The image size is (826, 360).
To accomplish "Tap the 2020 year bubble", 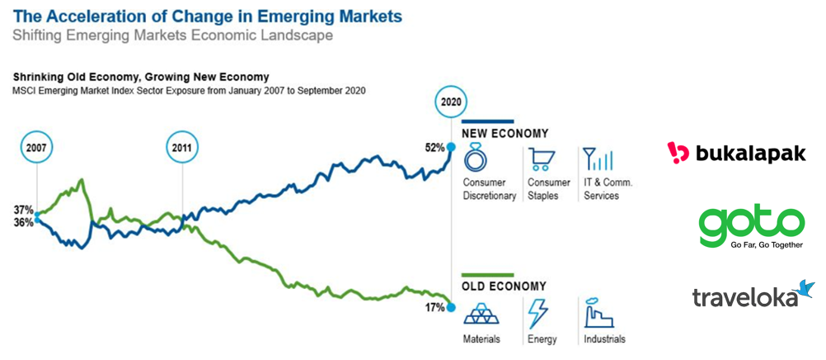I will pos(451,103).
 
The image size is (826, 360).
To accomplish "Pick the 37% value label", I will pos(22,209).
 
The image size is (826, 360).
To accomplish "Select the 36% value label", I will pos(22,221).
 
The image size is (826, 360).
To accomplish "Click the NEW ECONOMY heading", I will pos(505,133).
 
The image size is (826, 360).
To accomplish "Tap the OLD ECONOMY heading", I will pos(504,287).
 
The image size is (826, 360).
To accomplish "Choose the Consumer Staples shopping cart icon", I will pos(541,159).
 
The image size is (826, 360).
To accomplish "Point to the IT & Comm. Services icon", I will pos(598,159).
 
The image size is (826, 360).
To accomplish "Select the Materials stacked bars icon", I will pos(478,313).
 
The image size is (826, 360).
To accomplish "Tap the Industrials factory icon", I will pos(598,313).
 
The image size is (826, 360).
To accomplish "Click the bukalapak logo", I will pos(736,154).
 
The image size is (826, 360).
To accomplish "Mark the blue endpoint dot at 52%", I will pos(451,147).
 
